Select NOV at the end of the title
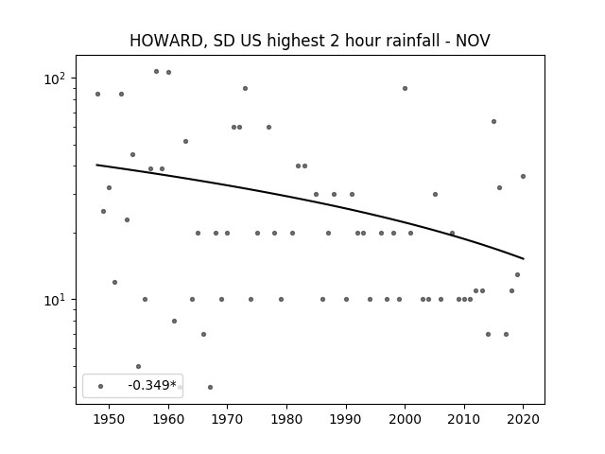click(x=473, y=41)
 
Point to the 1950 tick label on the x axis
click(x=110, y=419)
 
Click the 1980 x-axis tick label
click(x=286, y=419)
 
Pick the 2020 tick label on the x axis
click(x=523, y=419)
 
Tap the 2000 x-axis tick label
click(x=405, y=419)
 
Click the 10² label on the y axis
click(x=54, y=79)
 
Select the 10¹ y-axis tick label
click(x=54, y=300)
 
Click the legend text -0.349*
click(x=152, y=385)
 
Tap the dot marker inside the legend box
click(x=101, y=386)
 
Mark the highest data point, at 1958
click(x=156, y=72)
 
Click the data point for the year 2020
click(x=523, y=177)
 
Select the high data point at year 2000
click(x=405, y=88)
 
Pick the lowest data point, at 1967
click(x=210, y=387)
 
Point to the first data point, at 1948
click(x=97, y=95)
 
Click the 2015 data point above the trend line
click(x=493, y=122)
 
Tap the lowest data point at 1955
click(x=139, y=366)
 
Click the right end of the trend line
click(x=524, y=258)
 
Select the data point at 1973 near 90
click(x=245, y=88)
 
